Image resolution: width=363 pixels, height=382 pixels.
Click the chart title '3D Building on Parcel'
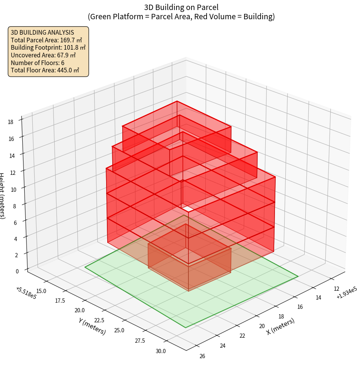[x=181, y=7]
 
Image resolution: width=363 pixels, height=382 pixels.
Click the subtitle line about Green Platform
[x=181, y=17]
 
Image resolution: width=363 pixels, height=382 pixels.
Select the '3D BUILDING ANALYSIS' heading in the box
[x=42, y=33]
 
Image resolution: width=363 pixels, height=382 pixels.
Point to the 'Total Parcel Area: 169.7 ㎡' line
[x=46, y=40]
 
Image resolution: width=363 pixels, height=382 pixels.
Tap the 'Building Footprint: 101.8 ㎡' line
[x=48, y=47]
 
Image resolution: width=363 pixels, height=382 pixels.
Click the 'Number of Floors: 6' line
[x=37, y=62]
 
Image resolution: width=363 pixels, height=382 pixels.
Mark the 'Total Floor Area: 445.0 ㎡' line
[x=45, y=70]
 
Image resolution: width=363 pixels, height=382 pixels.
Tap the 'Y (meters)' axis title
[x=92, y=326]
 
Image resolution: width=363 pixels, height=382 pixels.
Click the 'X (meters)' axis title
[x=281, y=326]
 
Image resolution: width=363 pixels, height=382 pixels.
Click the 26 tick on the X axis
[x=202, y=356]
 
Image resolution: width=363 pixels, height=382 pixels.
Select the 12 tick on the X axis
[x=336, y=289]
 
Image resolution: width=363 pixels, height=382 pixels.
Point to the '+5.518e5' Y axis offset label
[x=27, y=293]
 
